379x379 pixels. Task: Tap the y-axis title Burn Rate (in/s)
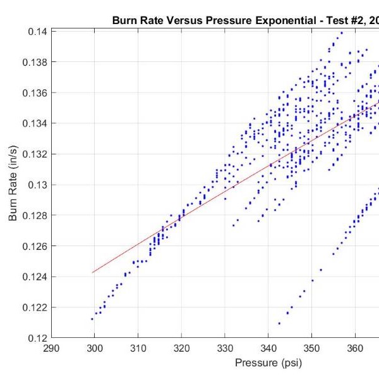(x=13, y=183)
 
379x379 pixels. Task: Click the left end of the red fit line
(x=93, y=273)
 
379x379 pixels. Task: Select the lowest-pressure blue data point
(x=92, y=319)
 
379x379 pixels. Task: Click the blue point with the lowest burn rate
(x=279, y=323)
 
